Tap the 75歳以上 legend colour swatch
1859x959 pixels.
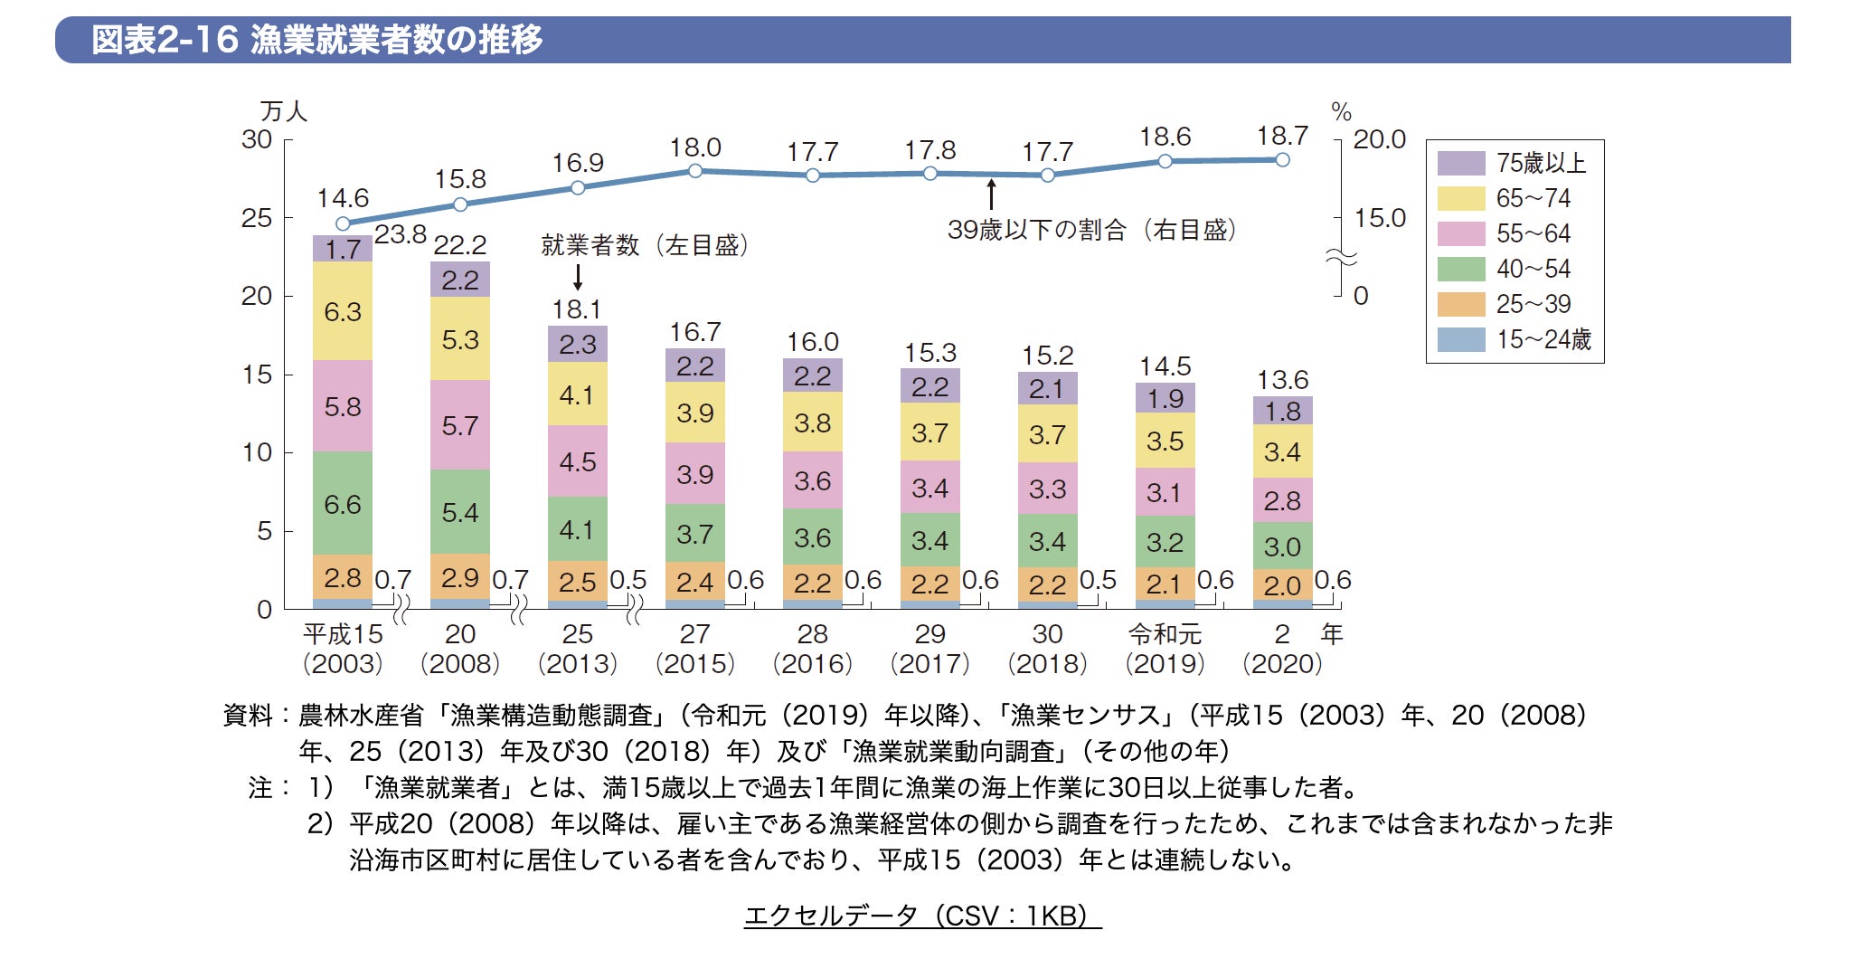[x=1460, y=163]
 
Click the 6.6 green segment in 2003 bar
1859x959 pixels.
[x=343, y=504]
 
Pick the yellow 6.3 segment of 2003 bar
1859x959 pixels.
[x=343, y=311]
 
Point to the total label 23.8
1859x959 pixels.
[x=400, y=235]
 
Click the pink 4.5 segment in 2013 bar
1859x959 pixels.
[x=577, y=461]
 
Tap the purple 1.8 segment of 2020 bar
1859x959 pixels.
[x=1282, y=411]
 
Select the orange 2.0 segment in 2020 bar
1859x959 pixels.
[x=1282, y=584]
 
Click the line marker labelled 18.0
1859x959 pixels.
[x=694, y=170]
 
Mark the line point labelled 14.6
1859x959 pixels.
[x=343, y=223]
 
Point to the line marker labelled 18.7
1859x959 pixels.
[x=1282, y=159]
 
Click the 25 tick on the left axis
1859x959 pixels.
[x=257, y=218]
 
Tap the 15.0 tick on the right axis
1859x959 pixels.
[x=1379, y=218]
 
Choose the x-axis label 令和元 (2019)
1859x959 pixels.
[x=1165, y=649]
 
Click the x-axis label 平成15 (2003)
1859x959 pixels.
[x=343, y=649]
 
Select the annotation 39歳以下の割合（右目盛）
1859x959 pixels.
[x=1091, y=230]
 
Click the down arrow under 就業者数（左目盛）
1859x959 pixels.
[x=578, y=277]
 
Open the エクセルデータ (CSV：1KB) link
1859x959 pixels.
[x=922, y=916]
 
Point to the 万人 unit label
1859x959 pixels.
[x=283, y=111]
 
